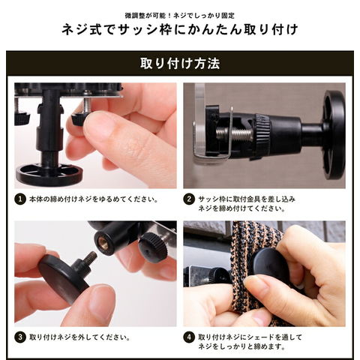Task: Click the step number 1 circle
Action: tap(20, 199)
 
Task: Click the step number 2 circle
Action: tap(189, 199)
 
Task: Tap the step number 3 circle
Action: tap(20, 337)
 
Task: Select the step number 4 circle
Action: tap(189, 337)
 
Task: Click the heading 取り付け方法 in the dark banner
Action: tap(180, 64)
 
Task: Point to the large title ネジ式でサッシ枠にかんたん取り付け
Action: tap(180, 29)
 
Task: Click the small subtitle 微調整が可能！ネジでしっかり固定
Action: tap(180, 16)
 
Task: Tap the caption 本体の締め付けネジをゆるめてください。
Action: tap(94, 199)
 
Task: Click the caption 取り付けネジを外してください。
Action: tap(79, 337)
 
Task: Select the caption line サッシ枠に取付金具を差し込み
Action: tap(247, 199)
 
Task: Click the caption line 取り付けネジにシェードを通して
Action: tap(250, 337)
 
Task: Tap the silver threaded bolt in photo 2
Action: tap(234, 133)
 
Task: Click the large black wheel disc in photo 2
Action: tap(333, 135)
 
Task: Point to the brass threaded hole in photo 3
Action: tap(103, 243)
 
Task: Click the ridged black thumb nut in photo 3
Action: tap(151, 247)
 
